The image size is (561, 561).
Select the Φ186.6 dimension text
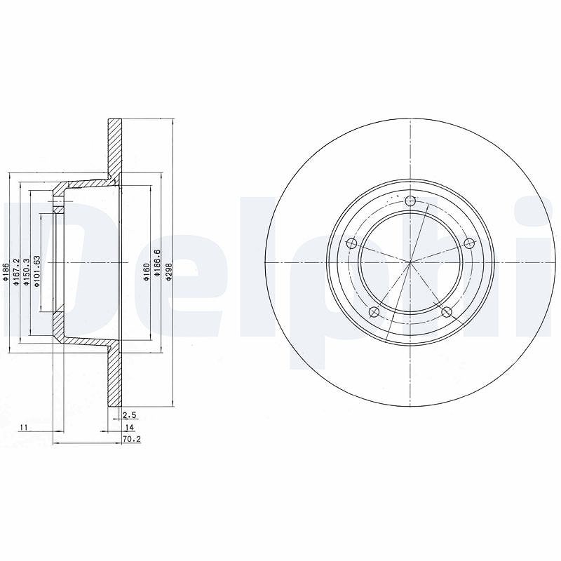(157, 263)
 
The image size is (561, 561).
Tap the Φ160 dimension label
(146, 273)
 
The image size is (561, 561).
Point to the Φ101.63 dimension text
(36, 271)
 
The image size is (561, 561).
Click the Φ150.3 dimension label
(26, 273)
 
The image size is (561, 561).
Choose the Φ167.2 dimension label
(15, 273)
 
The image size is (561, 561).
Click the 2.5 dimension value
(130, 415)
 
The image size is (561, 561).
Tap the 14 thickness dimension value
(129, 427)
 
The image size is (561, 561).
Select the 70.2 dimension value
(132, 439)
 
